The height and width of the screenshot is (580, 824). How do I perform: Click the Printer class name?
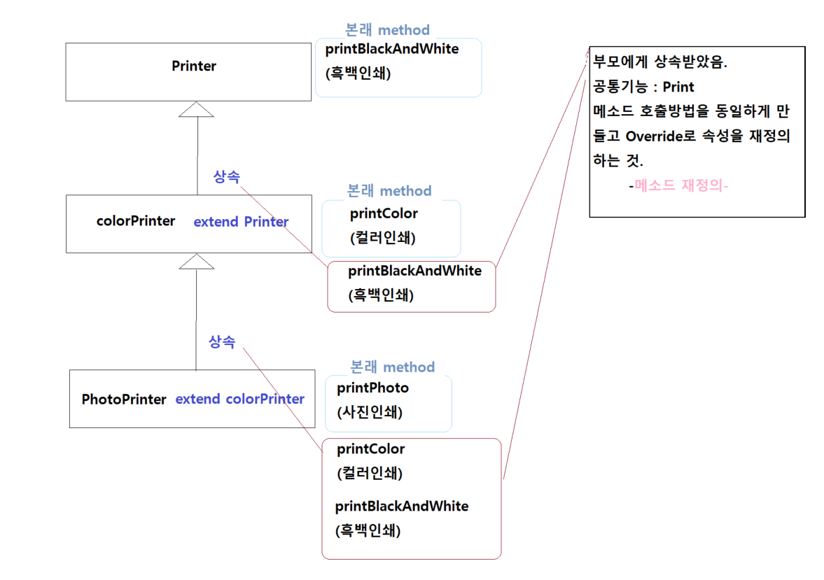(x=194, y=66)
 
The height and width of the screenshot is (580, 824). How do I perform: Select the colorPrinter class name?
(x=136, y=221)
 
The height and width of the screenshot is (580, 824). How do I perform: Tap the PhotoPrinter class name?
(x=124, y=399)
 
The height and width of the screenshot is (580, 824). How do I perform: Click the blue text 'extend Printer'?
(x=241, y=222)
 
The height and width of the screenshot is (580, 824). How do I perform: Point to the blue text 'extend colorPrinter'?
(x=239, y=399)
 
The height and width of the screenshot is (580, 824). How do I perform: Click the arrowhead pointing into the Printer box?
(x=197, y=108)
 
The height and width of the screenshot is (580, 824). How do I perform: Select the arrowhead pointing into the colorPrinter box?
(x=196, y=261)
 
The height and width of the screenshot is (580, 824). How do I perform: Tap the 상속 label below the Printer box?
(x=226, y=177)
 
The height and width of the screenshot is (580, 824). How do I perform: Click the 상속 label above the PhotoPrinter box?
(x=222, y=342)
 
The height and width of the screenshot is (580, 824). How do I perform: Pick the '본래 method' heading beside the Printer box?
(x=387, y=30)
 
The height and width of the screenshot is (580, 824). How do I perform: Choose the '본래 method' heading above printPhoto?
(x=392, y=367)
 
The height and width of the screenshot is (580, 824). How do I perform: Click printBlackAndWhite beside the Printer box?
(x=392, y=49)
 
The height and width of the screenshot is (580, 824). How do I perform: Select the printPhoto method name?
(x=372, y=388)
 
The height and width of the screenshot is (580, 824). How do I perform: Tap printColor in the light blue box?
(x=384, y=213)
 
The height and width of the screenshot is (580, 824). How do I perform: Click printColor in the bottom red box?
(x=370, y=449)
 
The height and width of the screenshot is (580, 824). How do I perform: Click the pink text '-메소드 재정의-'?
(x=678, y=187)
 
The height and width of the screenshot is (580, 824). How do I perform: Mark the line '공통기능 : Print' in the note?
(x=643, y=87)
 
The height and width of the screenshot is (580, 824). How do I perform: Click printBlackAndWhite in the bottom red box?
(x=402, y=506)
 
